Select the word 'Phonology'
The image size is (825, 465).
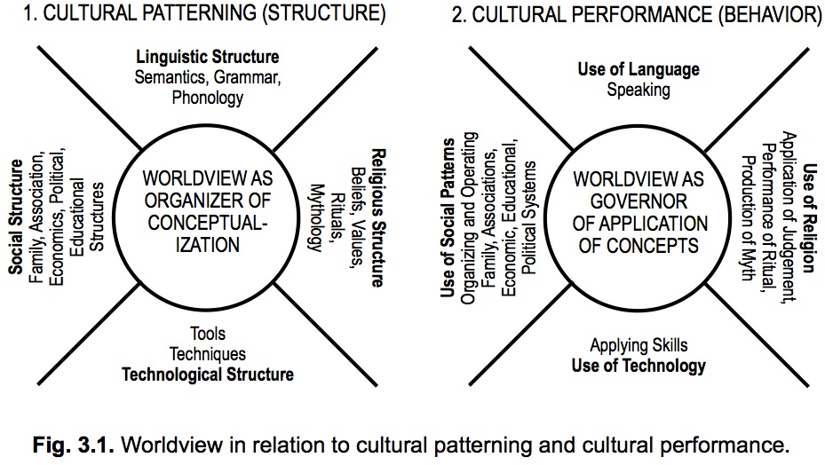[x=207, y=98]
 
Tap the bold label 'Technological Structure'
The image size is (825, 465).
[x=208, y=374]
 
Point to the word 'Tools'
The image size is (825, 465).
[x=208, y=335]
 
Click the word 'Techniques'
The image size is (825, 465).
[x=208, y=354]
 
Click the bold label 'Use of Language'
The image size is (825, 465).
[x=639, y=69]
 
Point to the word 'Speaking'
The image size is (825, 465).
[x=639, y=89]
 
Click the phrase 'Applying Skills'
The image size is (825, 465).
[x=639, y=345]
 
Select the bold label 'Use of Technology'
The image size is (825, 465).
[x=639, y=365]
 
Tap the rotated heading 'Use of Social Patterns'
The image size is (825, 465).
[x=449, y=217]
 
